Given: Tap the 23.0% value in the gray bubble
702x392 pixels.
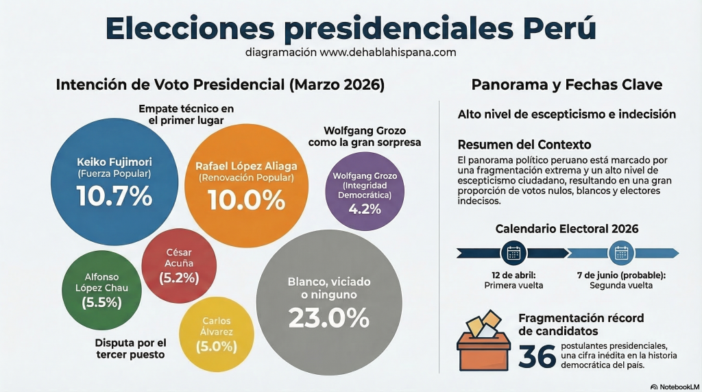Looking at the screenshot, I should point(328,317).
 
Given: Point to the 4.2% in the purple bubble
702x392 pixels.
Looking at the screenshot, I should point(365,209).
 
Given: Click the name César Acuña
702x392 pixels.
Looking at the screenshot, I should point(179,258).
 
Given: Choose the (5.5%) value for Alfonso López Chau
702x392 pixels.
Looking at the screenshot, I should point(101,302).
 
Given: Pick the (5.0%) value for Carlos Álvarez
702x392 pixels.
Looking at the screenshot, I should point(216,346).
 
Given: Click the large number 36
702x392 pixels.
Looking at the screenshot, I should point(536,357).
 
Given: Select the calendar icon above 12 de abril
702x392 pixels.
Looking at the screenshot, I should point(513,253).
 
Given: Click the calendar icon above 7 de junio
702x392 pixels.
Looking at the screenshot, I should point(621,253).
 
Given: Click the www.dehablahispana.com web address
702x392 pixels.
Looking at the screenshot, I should point(388,52).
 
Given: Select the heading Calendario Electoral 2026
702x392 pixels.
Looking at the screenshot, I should point(567,228).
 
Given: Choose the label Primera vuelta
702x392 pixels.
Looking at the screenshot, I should point(513,285).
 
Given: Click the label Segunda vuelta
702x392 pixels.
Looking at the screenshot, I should point(621,285).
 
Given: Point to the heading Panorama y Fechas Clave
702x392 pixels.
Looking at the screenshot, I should point(566,85).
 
